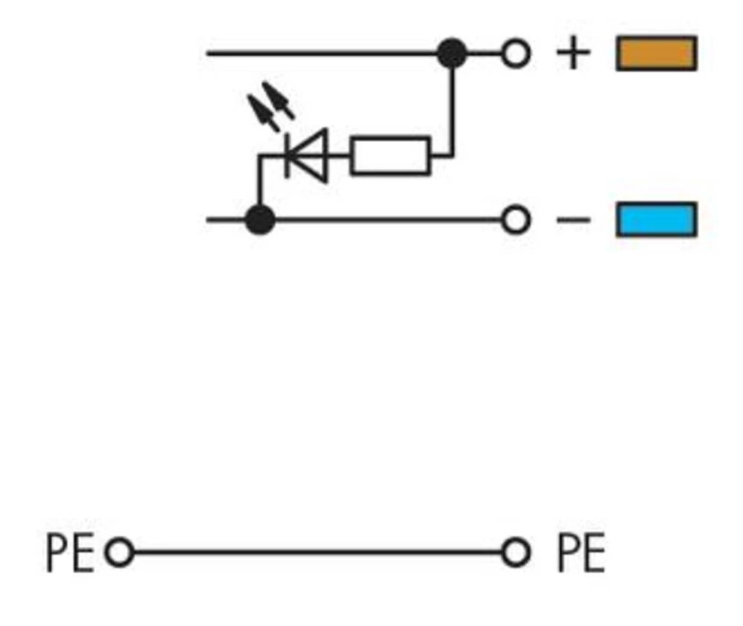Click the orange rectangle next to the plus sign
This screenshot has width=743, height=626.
656,53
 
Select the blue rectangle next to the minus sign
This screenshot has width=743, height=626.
656,220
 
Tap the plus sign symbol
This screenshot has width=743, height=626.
573,53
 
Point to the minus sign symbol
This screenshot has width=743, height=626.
573,220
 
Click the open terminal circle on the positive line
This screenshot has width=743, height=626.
516,53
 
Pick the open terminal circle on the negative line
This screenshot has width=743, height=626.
516,220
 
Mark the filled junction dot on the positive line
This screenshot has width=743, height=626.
452,53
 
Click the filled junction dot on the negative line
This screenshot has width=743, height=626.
259,220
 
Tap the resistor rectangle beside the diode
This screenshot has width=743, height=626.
390,156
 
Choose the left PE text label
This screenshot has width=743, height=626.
70,553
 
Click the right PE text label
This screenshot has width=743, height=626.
580,553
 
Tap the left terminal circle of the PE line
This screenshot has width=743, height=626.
119,553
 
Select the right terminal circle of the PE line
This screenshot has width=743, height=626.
516,553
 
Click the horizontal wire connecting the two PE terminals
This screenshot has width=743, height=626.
316,553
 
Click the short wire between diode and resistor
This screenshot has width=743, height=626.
339,156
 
